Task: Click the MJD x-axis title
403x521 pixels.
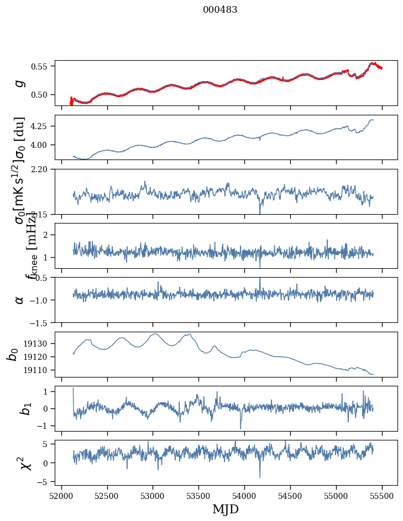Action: pyautogui.click(x=226, y=509)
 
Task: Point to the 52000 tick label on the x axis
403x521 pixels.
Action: pyautogui.click(x=61, y=495)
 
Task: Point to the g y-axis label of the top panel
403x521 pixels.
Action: pyautogui.click(x=20, y=83)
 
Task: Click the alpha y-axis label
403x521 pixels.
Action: pyautogui.click(x=20, y=300)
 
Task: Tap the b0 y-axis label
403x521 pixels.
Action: pyautogui.click(x=13, y=354)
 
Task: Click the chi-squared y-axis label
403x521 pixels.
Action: pyautogui.click(x=20, y=462)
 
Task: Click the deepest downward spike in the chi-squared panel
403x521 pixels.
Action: pyautogui.click(x=260, y=477)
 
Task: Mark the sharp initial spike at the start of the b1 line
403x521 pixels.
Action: pyautogui.click(x=73, y=388)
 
